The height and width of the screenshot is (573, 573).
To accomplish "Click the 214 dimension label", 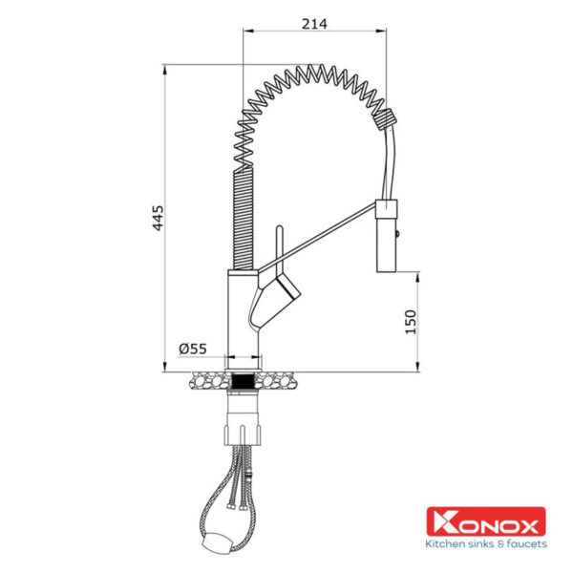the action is pyautogui.click(x=314, y=24).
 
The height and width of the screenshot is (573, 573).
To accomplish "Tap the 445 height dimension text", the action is pyautogui.click(x=159, y=218).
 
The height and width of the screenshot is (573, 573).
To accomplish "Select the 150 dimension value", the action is pyautogui.click(x=411, y=322).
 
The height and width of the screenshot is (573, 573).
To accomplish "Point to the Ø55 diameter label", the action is pyautogui.click(x=193, y=349).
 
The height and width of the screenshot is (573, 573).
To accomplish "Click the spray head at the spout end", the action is pyautogui.click(x=387, y=236).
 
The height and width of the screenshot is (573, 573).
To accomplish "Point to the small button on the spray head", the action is pyautogui.click(x=398, y=233).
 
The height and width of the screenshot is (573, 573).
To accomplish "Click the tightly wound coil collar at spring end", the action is pyautogui.click(x=385, y=119).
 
